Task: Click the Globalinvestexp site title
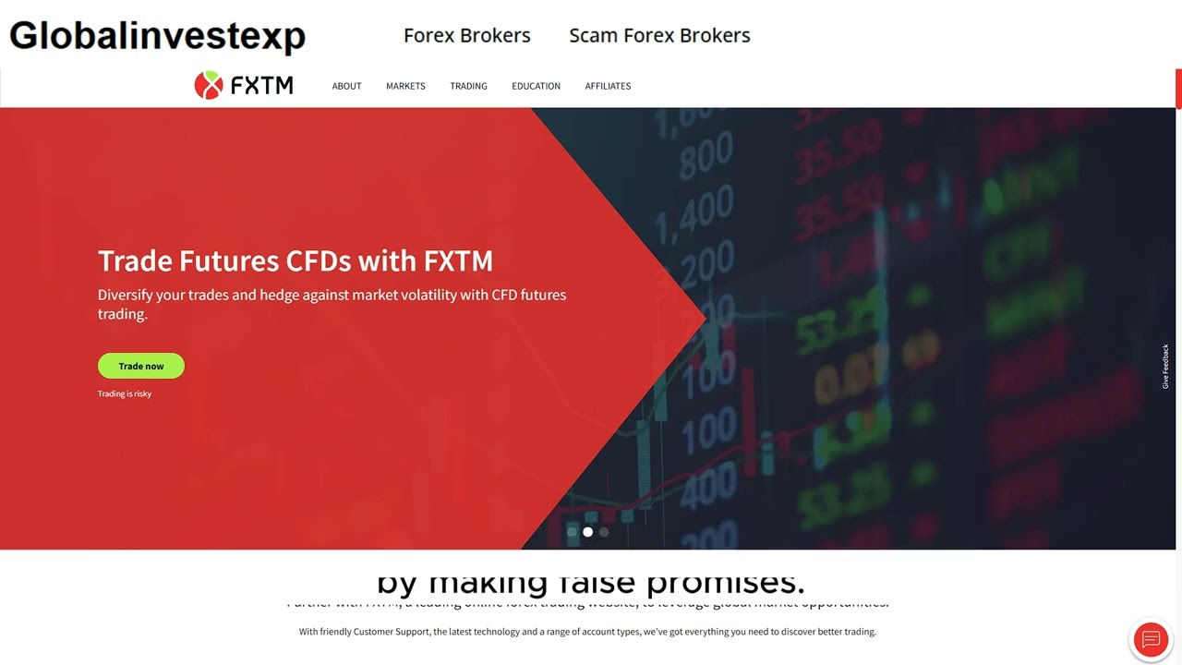[x=157, y=36]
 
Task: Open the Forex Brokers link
[x=466, y=36]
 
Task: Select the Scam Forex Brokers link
[x=659, y=36]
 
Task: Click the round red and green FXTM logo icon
[x=209, y=85]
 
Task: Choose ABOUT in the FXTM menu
[x=346, y=86]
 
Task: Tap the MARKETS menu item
[x=405, y=86]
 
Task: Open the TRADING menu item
[x=468, y=86]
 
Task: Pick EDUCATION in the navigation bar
[x=536, y=86]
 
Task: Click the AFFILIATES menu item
[x=608, y=86]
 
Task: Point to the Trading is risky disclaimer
[x=125, y=393]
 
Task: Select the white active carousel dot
[x=587, y=532]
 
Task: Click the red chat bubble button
[x=1151, y=639]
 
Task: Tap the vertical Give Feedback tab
[x=1165, y=366]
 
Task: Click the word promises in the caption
[x=725, y=583]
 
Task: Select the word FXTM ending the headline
[x=458, y=261]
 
